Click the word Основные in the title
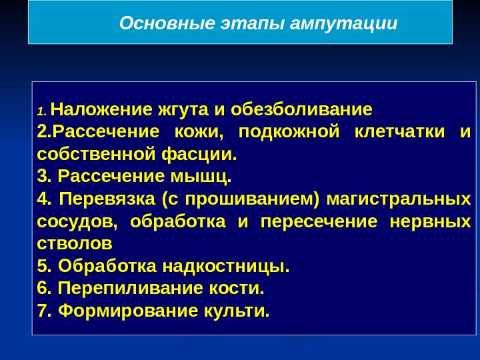point(167,23)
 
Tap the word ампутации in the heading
point(343,24)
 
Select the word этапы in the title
point(252,24)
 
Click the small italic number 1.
point(41,111)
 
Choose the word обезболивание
point(301,109)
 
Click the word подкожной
point(289,132)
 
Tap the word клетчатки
point(399,131)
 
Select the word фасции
point(199,154)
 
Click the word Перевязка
point(107,199)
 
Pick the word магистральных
point(399,199)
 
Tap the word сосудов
point(77,221)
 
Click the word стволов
point(75,244)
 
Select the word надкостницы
point(226,266)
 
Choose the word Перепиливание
point(131,288)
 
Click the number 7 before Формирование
point(43,311)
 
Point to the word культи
point(237,311)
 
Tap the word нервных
point(430,221)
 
